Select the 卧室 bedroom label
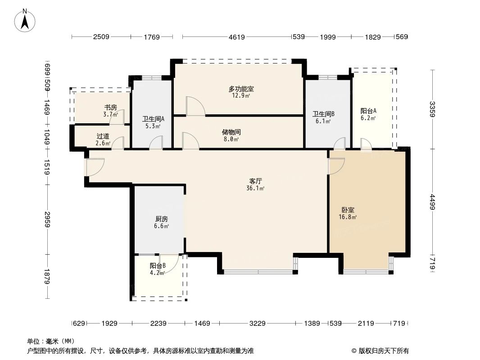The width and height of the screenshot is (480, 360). click(348, 210)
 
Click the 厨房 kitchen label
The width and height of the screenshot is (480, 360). click(162, 219)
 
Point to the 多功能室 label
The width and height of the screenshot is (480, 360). click(241, 89)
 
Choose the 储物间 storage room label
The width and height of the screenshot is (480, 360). click(231, 132)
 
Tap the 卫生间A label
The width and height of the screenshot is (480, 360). click(154, 119)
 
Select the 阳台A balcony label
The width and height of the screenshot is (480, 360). click(368, 111)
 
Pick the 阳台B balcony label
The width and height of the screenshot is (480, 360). click(158, 265)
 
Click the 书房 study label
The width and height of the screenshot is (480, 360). click(111, 108)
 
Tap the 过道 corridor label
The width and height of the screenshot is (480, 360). click(103, 136)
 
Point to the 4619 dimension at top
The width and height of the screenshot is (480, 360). click(236, 37)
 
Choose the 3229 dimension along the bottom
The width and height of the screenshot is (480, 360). click(258, 323)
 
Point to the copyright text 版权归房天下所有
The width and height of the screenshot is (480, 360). click(383, 351)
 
